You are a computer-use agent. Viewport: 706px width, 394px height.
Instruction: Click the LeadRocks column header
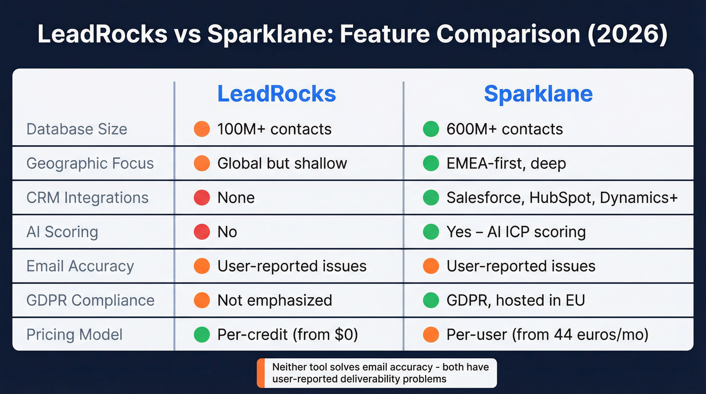point(276,94)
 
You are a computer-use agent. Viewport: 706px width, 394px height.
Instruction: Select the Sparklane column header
point(538,94)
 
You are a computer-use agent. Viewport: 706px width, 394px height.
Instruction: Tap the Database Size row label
point(77,129)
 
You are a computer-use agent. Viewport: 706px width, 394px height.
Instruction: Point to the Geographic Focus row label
point(90,163)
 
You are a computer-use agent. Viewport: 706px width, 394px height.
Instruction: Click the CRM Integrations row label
point(87,198)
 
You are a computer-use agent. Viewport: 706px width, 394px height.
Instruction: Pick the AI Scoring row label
point(62,232)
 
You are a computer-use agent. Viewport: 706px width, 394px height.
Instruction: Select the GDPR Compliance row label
point(90,300)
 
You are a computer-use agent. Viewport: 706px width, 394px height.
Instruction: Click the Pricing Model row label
point(74,334)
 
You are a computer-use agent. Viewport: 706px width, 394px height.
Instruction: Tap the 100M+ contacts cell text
point(274,129)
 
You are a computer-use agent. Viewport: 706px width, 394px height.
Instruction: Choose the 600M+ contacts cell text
point(504,129)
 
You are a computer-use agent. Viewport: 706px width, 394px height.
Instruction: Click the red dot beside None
point(202,198)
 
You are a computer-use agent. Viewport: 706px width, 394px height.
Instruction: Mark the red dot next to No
point(202,232)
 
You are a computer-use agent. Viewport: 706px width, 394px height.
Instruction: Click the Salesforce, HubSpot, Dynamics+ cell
point(562,198)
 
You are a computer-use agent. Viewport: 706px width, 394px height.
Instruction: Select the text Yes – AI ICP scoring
point(516,232)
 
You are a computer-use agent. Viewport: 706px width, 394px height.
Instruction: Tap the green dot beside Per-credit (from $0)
point(202,334)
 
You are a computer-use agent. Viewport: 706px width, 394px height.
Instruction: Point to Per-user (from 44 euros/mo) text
point(547,334)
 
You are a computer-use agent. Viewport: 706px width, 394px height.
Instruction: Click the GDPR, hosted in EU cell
point(515,300)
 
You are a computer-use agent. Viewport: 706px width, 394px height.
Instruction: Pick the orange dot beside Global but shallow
point(202,163)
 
